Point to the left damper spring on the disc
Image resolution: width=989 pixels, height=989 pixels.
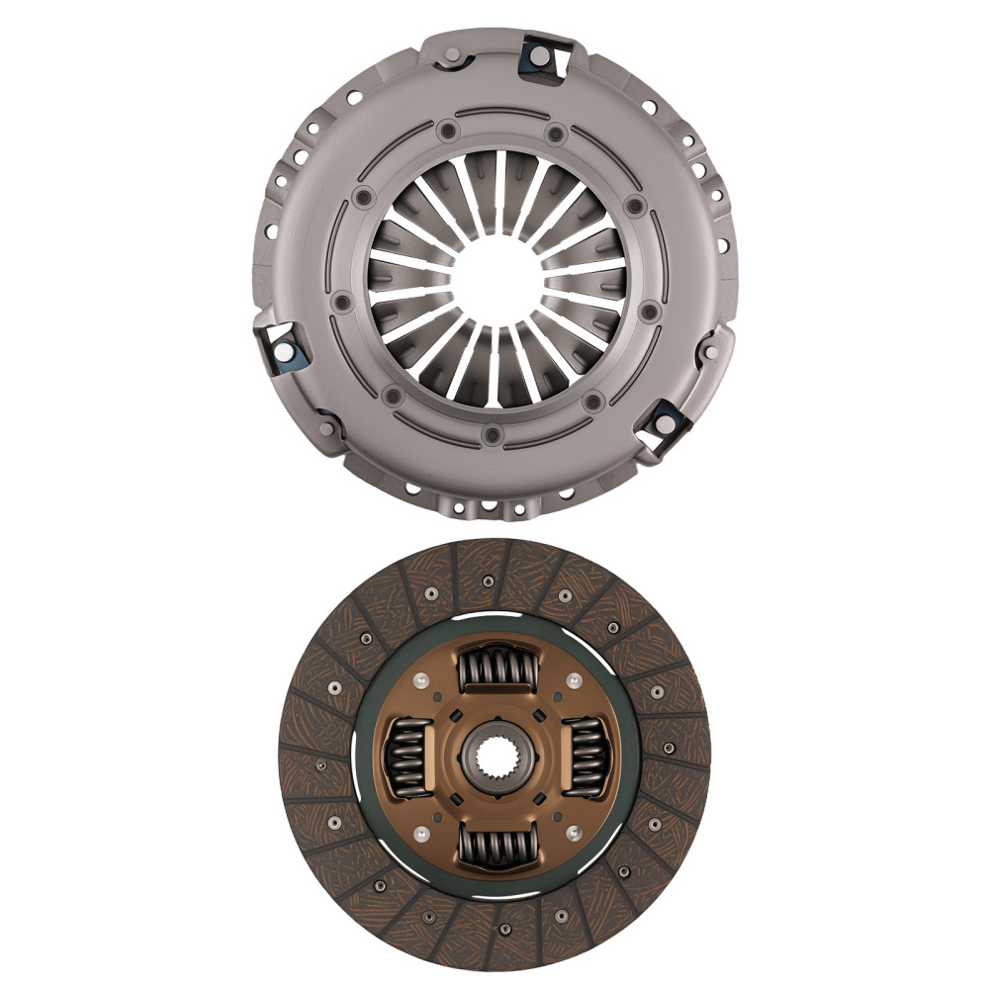pyautogui.click(x=406, y=760)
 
